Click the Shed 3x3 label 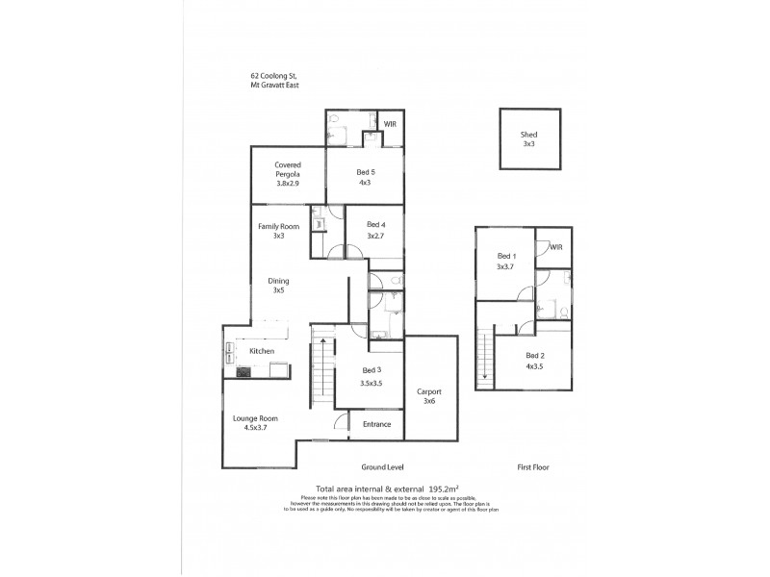coord(528,139)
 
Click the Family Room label coord(278,231)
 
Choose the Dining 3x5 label coord(278,286)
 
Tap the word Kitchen coord(262,351)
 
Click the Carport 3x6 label coord(428,396)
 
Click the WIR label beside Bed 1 coord(556,247)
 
